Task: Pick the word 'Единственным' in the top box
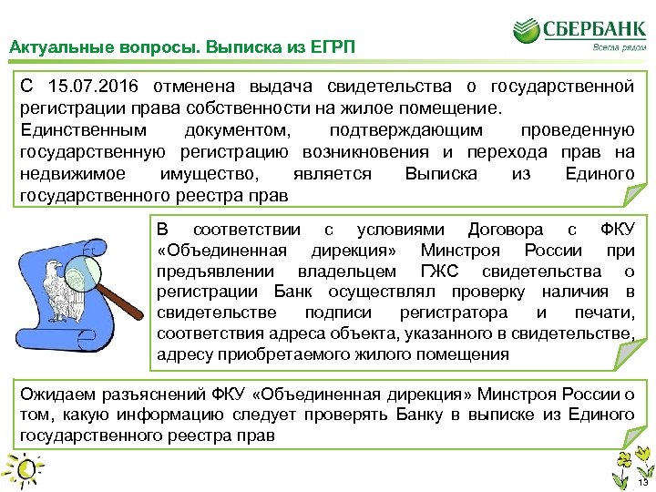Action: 70,130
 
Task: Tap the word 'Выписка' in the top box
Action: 436,173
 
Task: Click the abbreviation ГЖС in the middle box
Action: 444,271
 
